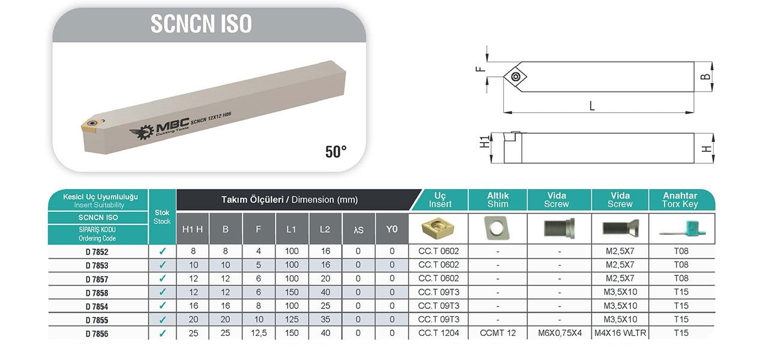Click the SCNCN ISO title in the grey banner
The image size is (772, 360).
[201, 24]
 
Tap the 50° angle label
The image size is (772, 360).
[336, 152]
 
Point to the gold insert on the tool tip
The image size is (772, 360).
[92, 124]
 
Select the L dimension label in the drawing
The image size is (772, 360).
[592, 106]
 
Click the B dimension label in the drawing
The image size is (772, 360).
[705, 76]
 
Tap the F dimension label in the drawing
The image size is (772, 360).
[480, 69]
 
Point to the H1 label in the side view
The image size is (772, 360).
[484, 142]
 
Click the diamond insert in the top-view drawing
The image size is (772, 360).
[515, 76]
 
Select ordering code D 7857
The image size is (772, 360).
[97, 280]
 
